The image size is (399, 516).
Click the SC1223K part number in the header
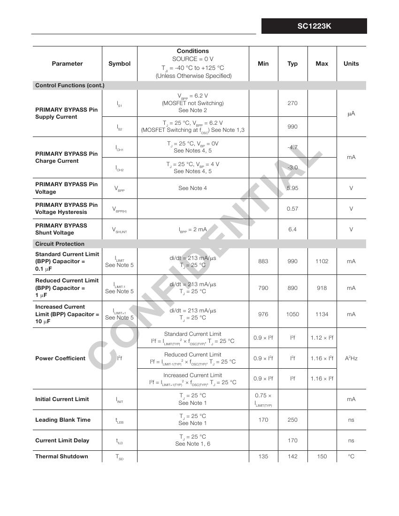coord(314,26)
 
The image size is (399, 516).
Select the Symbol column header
coord(119,64)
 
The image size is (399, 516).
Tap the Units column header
coord(351,64)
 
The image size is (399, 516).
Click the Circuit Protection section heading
coord(60,244)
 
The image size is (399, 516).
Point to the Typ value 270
coord(292,103)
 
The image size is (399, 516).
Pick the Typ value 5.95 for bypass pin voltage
coord(292,188)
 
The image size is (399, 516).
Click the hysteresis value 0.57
coord(292,209)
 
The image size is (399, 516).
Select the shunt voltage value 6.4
coord(292,229)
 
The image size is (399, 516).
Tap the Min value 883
coord(263,261)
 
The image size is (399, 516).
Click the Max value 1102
coord(322,261)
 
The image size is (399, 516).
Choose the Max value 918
coord(322,288)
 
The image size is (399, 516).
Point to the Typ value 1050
coord(292,314)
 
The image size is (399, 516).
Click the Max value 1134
coord(322,314)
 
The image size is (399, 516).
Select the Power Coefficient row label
coord(60,358)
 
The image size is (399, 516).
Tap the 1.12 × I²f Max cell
coord(322,338)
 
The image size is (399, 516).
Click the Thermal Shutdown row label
coord(61,456)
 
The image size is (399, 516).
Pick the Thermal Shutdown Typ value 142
coord(292,456)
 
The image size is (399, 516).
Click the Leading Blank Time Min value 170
coord(263,420)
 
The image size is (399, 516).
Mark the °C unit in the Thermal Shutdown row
coord(351,456)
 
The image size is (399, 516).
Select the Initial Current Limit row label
coord(61,399)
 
